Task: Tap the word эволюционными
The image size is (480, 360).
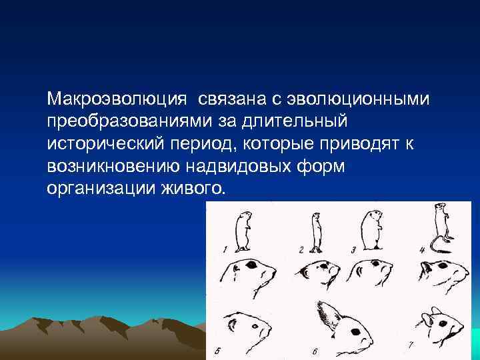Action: coord(359,99)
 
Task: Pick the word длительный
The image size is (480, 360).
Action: coord(291,121)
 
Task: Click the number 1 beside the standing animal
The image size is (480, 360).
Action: coord(225,249)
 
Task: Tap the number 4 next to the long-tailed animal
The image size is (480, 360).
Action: coord(422,250)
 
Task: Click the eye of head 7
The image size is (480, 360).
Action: coord(441,324)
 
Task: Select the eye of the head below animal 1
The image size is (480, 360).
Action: coord(253,265)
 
